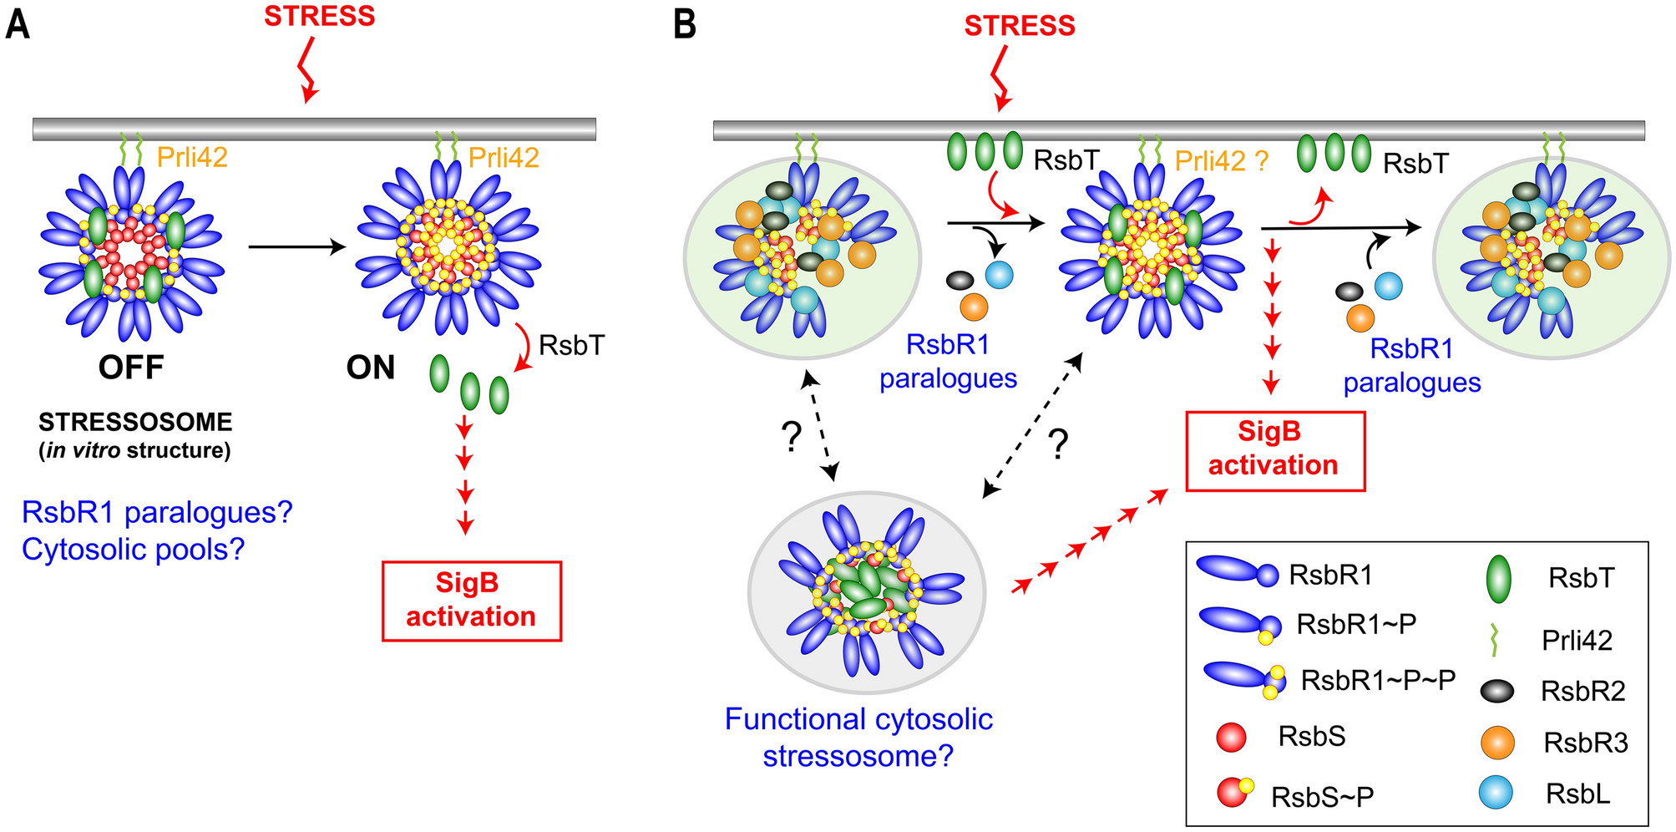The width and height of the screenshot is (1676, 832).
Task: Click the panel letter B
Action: point(685,24)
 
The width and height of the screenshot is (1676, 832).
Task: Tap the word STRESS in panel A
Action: point(319,17)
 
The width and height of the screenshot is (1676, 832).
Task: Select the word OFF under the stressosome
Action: point(131,368)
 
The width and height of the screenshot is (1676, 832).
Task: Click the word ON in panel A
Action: point(371,368)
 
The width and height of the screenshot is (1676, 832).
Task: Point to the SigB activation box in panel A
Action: point(471,601)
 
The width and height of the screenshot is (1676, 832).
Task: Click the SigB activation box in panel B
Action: point(1275,449)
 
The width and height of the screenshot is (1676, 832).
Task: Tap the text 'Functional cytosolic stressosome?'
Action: point(858,737)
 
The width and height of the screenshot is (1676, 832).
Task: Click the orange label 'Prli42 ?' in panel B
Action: point(1222,160)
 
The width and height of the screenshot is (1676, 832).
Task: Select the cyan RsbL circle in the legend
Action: point(1495,792)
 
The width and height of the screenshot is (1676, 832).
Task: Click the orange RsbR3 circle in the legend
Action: point(1496,742)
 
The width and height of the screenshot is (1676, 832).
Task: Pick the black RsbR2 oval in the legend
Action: point(1496,691)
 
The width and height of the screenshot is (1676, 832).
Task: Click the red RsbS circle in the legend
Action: point(1232,737)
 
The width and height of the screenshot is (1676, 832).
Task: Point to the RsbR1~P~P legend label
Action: point(1378,680)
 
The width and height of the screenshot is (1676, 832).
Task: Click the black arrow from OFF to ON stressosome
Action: point(296,246)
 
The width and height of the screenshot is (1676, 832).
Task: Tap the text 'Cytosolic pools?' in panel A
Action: point(134,549)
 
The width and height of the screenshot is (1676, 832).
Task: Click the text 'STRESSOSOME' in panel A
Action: point(135,422)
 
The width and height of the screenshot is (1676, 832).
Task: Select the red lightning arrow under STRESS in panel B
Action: point(1000,78)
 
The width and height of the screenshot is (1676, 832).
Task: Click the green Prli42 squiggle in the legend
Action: point(1494,640)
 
